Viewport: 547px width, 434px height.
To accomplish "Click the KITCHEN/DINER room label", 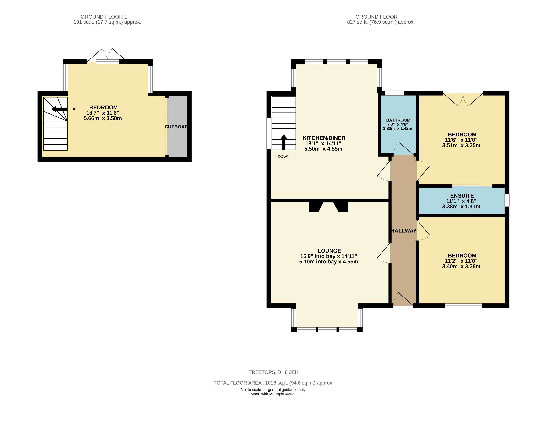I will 324,138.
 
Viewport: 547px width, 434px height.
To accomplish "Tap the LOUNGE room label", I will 329,251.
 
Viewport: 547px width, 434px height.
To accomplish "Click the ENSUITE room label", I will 462,196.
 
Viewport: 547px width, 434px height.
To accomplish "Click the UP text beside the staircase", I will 74,109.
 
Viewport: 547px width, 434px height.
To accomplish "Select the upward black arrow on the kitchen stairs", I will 284,142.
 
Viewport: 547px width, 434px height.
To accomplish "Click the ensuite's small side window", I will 507,200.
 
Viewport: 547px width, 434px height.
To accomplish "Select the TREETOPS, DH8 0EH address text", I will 273,372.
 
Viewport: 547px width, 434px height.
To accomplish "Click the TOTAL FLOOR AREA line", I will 273,383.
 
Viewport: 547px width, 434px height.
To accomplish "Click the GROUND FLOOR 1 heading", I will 104,17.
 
